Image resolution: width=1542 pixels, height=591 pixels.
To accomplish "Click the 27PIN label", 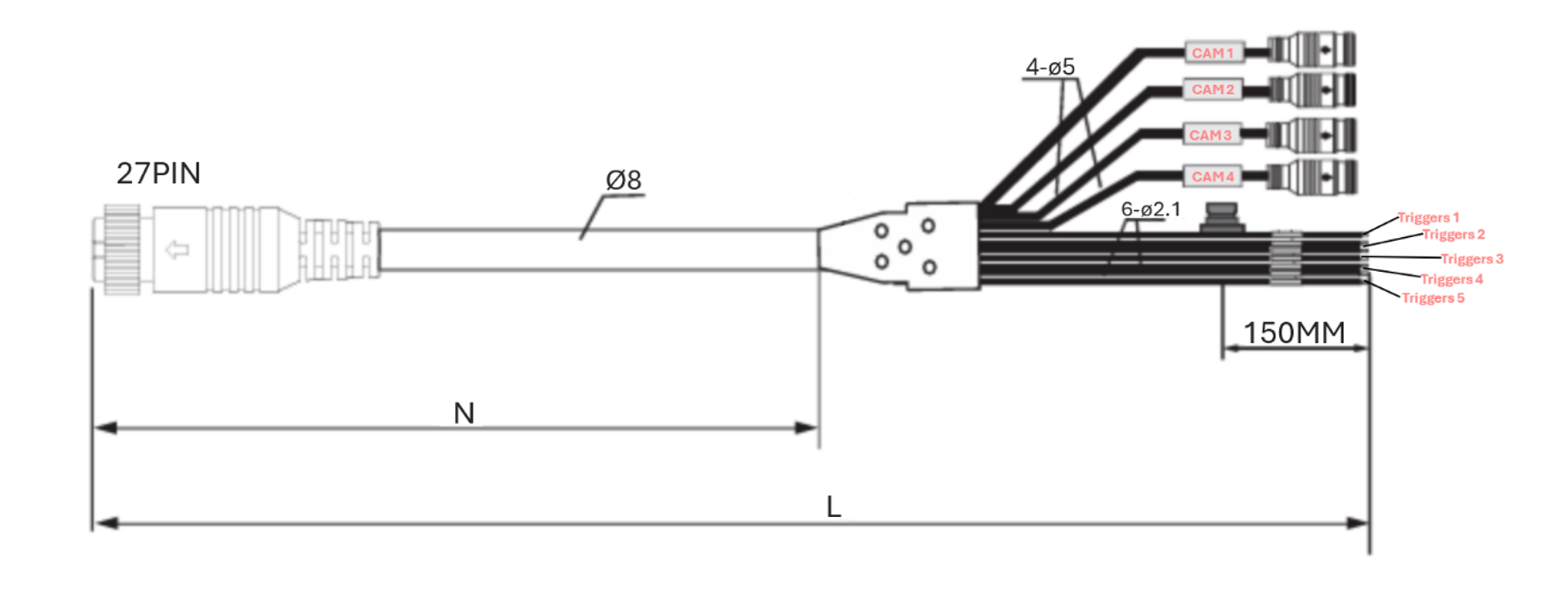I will tap(158, 173).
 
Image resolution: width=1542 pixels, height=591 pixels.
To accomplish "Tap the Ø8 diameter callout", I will tap(623, 181).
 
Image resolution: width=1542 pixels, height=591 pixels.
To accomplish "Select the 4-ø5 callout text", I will tap(1049, 67).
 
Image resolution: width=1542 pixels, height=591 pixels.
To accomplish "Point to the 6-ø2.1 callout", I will tap(1150, 210).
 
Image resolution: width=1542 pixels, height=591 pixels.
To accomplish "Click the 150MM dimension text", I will tap(1293, 333).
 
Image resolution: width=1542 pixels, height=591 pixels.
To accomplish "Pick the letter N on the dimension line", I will tap(464, 414).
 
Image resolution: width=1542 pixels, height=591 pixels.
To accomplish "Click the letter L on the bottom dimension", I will tap(833, 507).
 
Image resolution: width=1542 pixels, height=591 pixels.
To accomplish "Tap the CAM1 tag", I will tap(1213, 53).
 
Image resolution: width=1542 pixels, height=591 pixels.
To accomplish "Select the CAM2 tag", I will tap(1213, 89).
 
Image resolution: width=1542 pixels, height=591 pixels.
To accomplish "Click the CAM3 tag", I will tap(1210, 135).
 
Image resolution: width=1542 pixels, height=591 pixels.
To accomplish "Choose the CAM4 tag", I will tap(1213, 176).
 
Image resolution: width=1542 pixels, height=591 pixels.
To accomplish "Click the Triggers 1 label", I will tap(1428, 218).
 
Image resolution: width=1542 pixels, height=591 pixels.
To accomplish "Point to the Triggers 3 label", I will tap(1472, 259).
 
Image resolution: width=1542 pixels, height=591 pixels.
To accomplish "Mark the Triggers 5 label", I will tap(1433, 298).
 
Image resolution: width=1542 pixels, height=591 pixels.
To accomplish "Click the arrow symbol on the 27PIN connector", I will tap(177, 249).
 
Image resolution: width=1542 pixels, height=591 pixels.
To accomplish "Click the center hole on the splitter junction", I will tap(904, 247).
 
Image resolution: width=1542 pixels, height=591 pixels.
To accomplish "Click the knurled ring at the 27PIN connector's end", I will tap(120, 250).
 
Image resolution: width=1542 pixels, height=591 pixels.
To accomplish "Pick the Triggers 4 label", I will tap(1451, 279).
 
